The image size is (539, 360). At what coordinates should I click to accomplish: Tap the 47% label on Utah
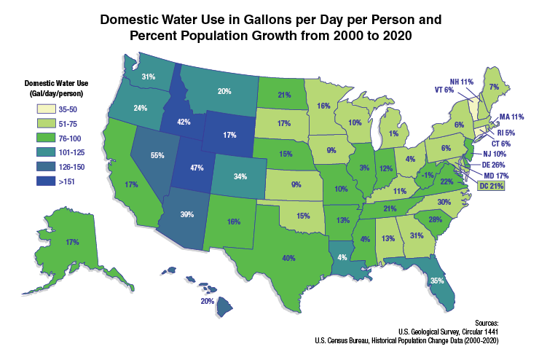point(195,167)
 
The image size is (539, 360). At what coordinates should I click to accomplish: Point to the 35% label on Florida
point(437,280)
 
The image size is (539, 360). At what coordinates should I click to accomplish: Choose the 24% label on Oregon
point(141,108)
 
